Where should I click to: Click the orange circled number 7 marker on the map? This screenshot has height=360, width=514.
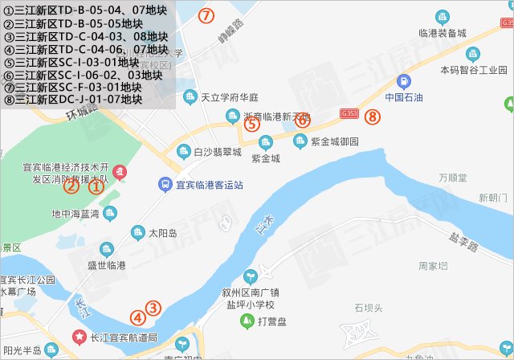pyautogui.click(x=206, y=15)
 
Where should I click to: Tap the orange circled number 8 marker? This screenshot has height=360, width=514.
pyautogui.click(x=372, y=117)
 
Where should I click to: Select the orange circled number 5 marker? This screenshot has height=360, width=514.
pyautogui.click(x=251, y=124)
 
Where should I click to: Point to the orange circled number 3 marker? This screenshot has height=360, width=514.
pyautogui.click(x=153, y=308)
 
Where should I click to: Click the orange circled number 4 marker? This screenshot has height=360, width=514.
pyautogui.click(x=139, y=317)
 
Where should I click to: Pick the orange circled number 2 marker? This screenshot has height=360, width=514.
pyautogui.click(x=71, y=186)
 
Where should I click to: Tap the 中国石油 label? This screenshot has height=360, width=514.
pyautogui.click(x=405, y=98)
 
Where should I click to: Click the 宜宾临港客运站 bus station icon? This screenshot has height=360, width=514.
pyautogui.click(x=164, y=185)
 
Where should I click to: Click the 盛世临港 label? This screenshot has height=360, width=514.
pyautogui.click(x=107, y=264)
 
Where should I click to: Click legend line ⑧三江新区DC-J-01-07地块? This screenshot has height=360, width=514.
pyautogui.click(x=73, y=100)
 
